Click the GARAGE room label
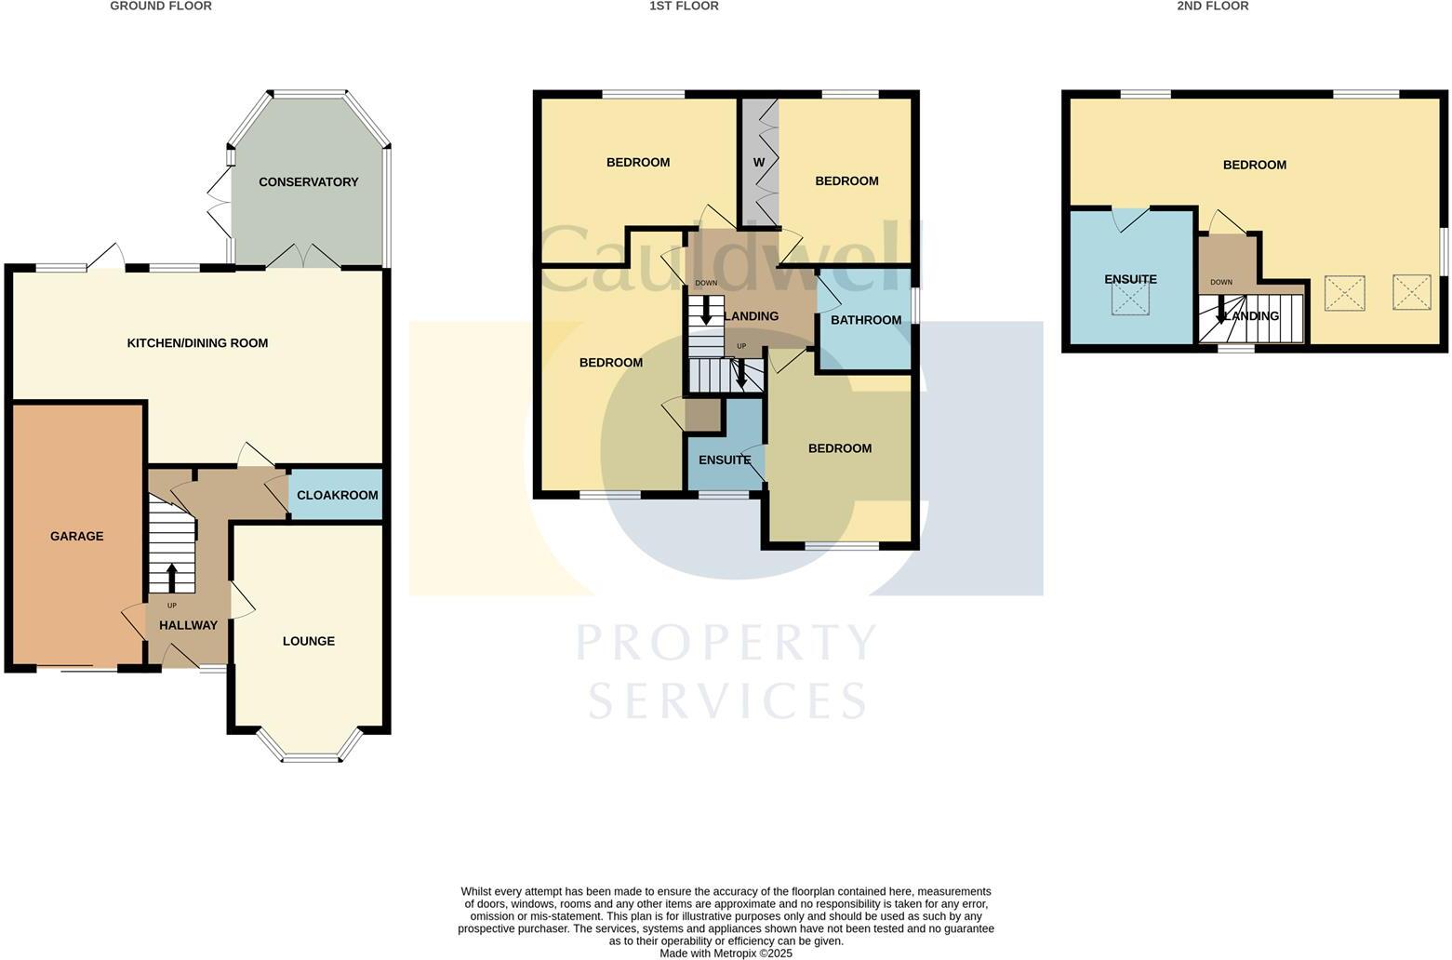coord(77,536)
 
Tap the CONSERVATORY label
coord(308,181)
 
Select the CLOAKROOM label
coord(337,495)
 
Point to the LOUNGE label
coord(308,641)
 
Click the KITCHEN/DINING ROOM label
coord(197,343)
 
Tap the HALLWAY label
coord(188,625)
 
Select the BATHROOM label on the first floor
coord(865,320)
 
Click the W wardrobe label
coord(759,163)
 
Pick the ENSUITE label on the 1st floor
coord(725,460)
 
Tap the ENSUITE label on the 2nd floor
coord(1130,279)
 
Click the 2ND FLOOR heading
coord(1212,7)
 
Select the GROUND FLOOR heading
coord(161,7)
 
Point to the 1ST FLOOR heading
coord(684,7)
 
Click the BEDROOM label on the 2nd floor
coord(1254,165)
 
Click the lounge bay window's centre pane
coord(311,759)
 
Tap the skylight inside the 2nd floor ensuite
coord(1131,299)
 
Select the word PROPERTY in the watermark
coord(726,643)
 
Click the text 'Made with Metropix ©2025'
coord(726,953)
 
